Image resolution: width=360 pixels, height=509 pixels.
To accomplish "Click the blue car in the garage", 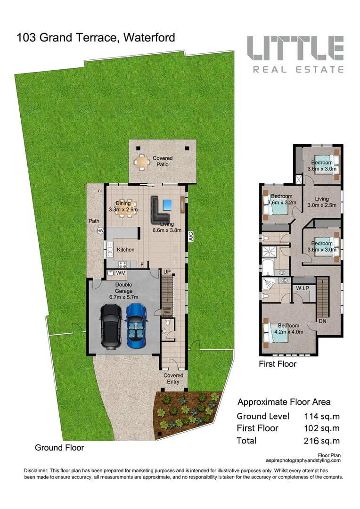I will click(136, 326).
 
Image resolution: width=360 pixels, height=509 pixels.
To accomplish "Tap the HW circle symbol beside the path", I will click(100, 230).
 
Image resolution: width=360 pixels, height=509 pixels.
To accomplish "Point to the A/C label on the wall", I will click(191, 236).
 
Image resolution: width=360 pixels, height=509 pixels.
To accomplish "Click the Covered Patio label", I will click(163, 161).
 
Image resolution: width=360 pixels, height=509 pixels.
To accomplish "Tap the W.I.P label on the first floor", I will click(302, 288).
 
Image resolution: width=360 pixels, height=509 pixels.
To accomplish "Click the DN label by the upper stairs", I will click(323, 321).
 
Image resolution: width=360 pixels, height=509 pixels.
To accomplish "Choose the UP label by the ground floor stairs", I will click(167, 272).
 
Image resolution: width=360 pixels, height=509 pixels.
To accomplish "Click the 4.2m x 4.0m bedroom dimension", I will click(288, 332).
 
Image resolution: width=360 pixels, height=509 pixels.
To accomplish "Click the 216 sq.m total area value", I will click(322, 441).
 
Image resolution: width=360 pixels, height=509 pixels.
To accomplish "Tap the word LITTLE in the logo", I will click(295, 49).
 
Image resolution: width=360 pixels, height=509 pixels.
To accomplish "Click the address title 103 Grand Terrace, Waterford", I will click(96, 38).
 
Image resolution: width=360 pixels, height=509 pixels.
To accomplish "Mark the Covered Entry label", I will click(173, 378).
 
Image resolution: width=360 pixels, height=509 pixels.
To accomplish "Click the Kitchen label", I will click(125, 250).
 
